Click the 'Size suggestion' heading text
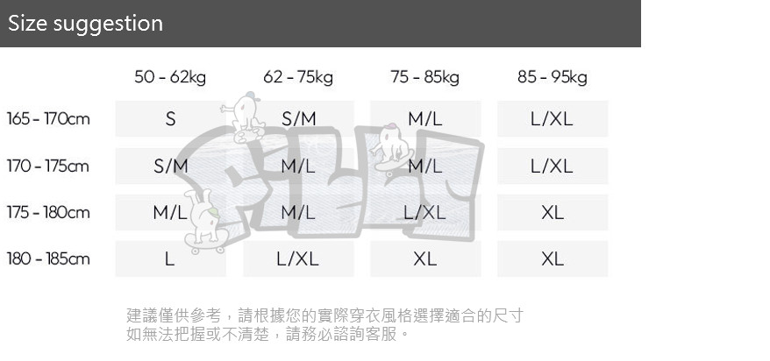click(x=85, y=24)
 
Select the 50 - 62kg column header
click(x=170, y=77)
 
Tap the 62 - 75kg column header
click(x=298, y=77)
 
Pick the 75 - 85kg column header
click(x=425, y=77)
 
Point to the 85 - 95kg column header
click(x=553, y=77)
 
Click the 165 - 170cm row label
click(x=48, y=118)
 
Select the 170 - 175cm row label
click(x=48, y=166)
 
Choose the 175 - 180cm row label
click(x=48, y=212)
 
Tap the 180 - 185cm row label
click(x=48, y=258)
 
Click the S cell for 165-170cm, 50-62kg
click(x=170, y=118)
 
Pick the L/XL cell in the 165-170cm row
click(x=553, y=118)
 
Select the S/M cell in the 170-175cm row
click(x=170, y=166)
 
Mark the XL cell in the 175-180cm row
click(x=553, y=212)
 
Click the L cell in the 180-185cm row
click(x=170, y=258)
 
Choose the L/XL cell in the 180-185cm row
click(x=298, y=258)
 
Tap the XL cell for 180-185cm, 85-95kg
click(x=553, y=258)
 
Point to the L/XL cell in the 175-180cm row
click(x=425, y=212)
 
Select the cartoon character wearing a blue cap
click(x=244, y=117)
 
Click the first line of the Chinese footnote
click(x=324, y=315)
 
